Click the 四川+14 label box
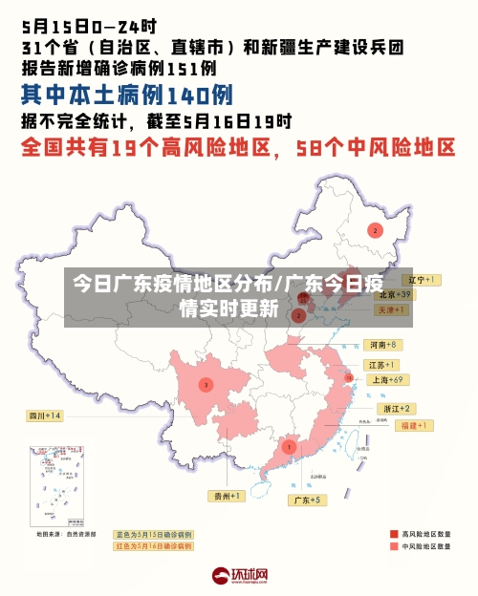coord(44,415)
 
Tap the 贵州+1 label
coord(228,496)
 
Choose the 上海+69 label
coord(388,379)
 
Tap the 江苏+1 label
coord(381,365)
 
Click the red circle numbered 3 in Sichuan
coord(205,385)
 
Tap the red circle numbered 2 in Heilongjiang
coord(375,230)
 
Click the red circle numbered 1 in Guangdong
coord(289,446)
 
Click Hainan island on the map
coord(269,496)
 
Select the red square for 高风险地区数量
coord(394,534)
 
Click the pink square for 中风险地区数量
coord(394,547)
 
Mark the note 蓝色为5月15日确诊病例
coord(153,534)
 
